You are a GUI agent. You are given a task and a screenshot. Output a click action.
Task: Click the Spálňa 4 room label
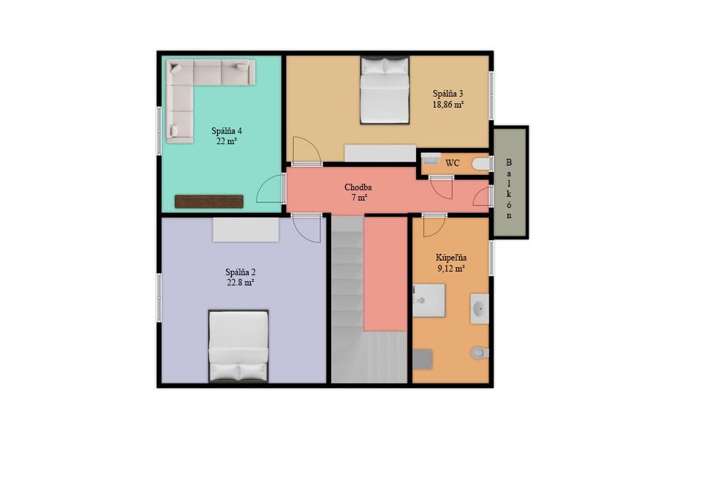pyautogui.click(x=227, y=131)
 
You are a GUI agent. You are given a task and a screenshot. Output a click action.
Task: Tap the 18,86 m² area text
pyautogui.click(x=448, y=105)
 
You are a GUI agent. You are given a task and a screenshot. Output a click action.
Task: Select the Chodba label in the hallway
pyautogui.click(x=358, y=187)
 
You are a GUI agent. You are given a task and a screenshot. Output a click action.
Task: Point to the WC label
pyautogui.click(x=452, y=163)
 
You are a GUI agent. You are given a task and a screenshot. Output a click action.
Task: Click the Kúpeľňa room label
pyautogui.click(x=451, y=258)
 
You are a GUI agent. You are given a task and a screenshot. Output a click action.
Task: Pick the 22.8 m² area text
pyautogui.click(x=241, y=283)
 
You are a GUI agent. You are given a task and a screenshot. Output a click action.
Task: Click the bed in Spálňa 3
pyautogui.click(x=385, y=90)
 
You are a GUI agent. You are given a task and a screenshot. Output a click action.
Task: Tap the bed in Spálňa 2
pyautogui.click(x=238, y=346)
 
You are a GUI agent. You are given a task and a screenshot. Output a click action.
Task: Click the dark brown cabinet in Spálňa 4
pyautogui.click(x=209, y=202)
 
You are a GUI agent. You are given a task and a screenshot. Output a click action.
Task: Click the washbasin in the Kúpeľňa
pyautogui.click(x=480, y=309)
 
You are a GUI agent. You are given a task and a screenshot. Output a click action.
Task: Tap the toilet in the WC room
pyautogui.click(x=481, y=164)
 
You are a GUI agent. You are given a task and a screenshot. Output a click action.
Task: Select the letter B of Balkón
pyautogui.click(x=509, y=162)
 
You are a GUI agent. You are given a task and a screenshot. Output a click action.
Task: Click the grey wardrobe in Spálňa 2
pyautogui.click(x=246, y=230)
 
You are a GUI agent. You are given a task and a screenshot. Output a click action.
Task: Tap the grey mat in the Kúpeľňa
pyautogui.click(x=423, y=359)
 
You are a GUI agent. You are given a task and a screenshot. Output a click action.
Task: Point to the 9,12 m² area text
pyautogui.click(x=451, y=269)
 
